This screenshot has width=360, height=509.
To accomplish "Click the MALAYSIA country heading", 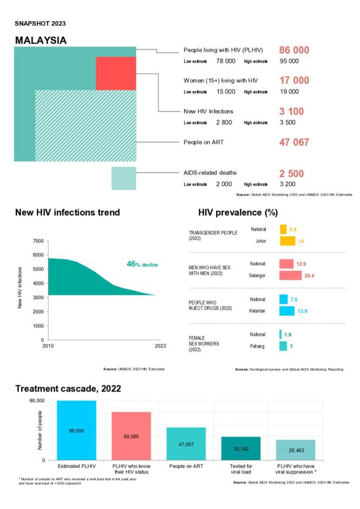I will tap(41, 41).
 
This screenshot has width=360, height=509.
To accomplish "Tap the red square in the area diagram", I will tap(115, 73).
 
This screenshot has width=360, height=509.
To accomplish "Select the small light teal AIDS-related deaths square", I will tap(123, 178).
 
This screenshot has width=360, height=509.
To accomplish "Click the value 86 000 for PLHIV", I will tap(294, 50).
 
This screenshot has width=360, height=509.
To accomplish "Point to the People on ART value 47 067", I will tap(294, 142).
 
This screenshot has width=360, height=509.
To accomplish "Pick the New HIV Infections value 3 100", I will tap(291, 112).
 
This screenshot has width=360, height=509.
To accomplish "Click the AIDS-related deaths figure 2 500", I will tap(291, 174).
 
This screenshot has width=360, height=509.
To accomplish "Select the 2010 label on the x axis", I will tap(48, 346).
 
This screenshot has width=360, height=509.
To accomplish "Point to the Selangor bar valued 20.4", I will tap(290, 275).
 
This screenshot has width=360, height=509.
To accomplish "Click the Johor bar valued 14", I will tap(287, 240).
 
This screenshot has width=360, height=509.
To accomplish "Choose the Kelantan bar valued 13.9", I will tap(286, 311).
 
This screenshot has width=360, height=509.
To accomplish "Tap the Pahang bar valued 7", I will tap(283, 346).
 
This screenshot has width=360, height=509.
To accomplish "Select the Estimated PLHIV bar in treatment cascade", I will tap(76, 430).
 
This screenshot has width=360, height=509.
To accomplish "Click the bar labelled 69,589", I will tap(132, 436).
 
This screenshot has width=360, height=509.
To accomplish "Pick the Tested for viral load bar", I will tap(241, 448).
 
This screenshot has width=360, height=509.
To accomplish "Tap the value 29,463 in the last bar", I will tap(296, 450).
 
